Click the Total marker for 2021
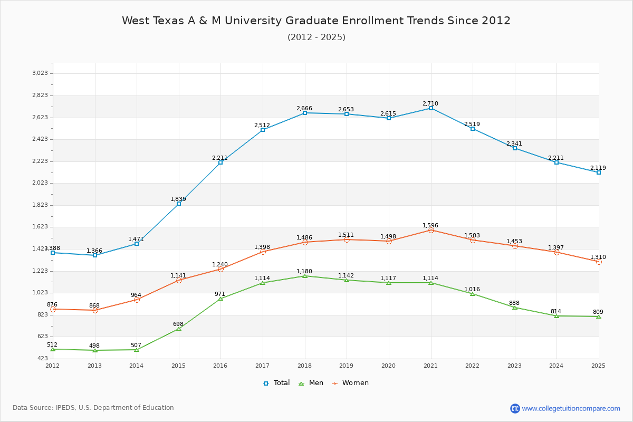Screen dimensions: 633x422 [430, 108]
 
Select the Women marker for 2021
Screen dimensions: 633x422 [430, 231]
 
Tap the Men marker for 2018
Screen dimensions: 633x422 [305, 276]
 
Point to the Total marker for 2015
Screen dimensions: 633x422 [179, 204]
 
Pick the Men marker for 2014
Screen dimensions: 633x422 [137, 350]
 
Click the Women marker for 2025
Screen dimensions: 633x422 [599, 262]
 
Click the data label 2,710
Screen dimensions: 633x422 [430, 103]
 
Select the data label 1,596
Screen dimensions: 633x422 [430, 225]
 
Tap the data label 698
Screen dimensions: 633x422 [178, 324]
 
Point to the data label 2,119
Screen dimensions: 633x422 [598, 168]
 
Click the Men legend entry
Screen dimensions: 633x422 [311, 383]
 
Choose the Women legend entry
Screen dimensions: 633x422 [350, 383]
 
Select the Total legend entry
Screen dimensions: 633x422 [276, 383]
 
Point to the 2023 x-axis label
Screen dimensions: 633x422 [514, 366]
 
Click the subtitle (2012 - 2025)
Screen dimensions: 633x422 [316, 37]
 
